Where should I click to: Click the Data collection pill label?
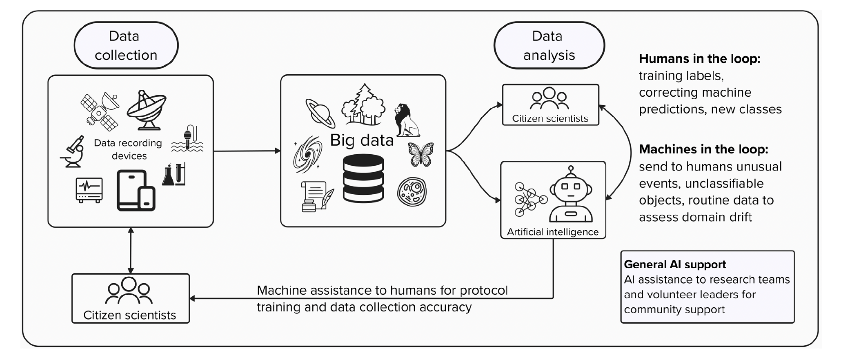(126, 45)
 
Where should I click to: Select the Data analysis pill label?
(549, 45)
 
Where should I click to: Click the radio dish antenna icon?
(146, 109)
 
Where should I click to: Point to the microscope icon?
(74, 151)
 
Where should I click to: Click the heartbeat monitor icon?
(89, 190)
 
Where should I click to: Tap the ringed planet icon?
(320, 113)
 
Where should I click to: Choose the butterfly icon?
(420, 154)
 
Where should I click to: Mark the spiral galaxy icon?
(307, 155)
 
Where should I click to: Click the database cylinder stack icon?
(363, 178)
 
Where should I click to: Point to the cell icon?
(412, 191)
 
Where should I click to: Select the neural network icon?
(530, 199)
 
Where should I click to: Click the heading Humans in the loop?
(699, 59)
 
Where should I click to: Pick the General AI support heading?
(675, 264)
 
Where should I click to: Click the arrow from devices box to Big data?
(247, 151)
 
